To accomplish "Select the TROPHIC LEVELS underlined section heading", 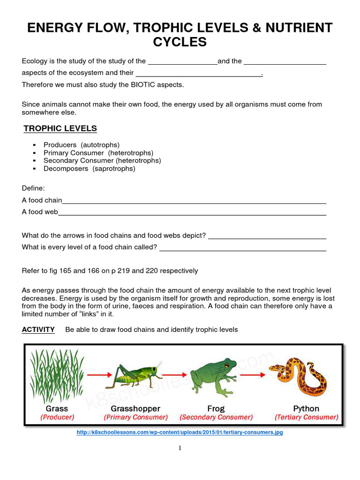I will pos(60,128).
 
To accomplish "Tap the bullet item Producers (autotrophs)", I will pos(82,145).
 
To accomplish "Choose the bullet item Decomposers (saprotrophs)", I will pos(89,168).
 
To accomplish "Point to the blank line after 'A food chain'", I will pos(194,203).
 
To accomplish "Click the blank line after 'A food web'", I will pos(192,214).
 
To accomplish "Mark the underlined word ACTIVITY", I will pos(38,330).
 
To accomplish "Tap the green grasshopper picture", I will pos(134,375).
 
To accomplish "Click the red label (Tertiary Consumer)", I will pos(307,417).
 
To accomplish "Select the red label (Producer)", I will pos(57,417).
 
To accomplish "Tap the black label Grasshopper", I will pos(135,408).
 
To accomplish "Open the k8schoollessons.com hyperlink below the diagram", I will pos(180,433).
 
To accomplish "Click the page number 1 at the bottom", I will pos(180,448).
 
